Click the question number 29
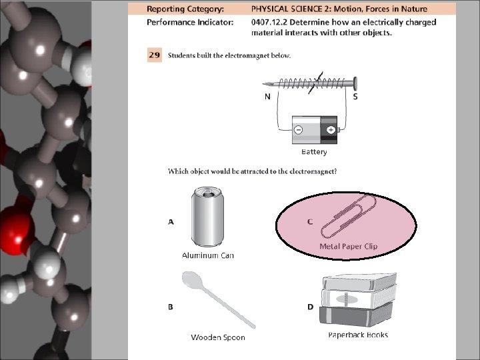click(x=154, y=55)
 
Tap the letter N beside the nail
click(x=267, y=97)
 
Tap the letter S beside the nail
click(x=355, y=97)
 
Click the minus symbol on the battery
click(x=299, y=129)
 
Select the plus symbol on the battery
click(x=330, y=129)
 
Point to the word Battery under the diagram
click(x=314, y=152)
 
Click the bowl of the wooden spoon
click(x=191, y=279)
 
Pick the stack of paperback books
click(x=359, y=300)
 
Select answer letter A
click(x=171, y=222)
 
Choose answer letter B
click(x=171, y=307)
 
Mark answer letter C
click(x=310, y=222)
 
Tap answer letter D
click(x=310, y=307)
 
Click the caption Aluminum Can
click(x=208, y=255)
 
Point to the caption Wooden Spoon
click(x=218, y=337)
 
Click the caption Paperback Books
click(x=358, y=335)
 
